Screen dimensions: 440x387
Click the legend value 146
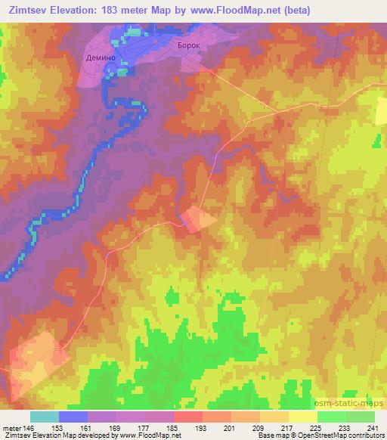[27, 427]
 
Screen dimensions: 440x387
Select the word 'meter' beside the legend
[10, 427]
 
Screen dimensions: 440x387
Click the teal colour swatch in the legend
[45, 417]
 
